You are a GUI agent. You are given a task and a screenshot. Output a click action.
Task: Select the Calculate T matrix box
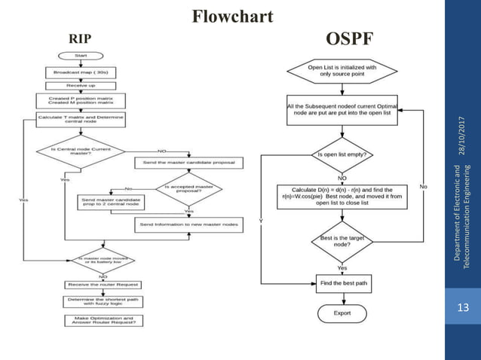80,119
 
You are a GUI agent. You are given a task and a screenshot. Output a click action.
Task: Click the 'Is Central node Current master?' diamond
80,151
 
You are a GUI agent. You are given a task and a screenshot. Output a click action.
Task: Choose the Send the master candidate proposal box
188,163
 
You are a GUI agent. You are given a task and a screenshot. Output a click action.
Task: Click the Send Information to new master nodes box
188,224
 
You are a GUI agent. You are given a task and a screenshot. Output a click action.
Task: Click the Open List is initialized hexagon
342,71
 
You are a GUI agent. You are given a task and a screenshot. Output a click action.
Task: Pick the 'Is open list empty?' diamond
342,155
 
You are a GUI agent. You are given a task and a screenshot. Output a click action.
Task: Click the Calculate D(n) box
342,196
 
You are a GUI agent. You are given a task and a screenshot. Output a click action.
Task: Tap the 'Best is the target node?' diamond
342,242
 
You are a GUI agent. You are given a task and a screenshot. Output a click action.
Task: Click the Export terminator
342,313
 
